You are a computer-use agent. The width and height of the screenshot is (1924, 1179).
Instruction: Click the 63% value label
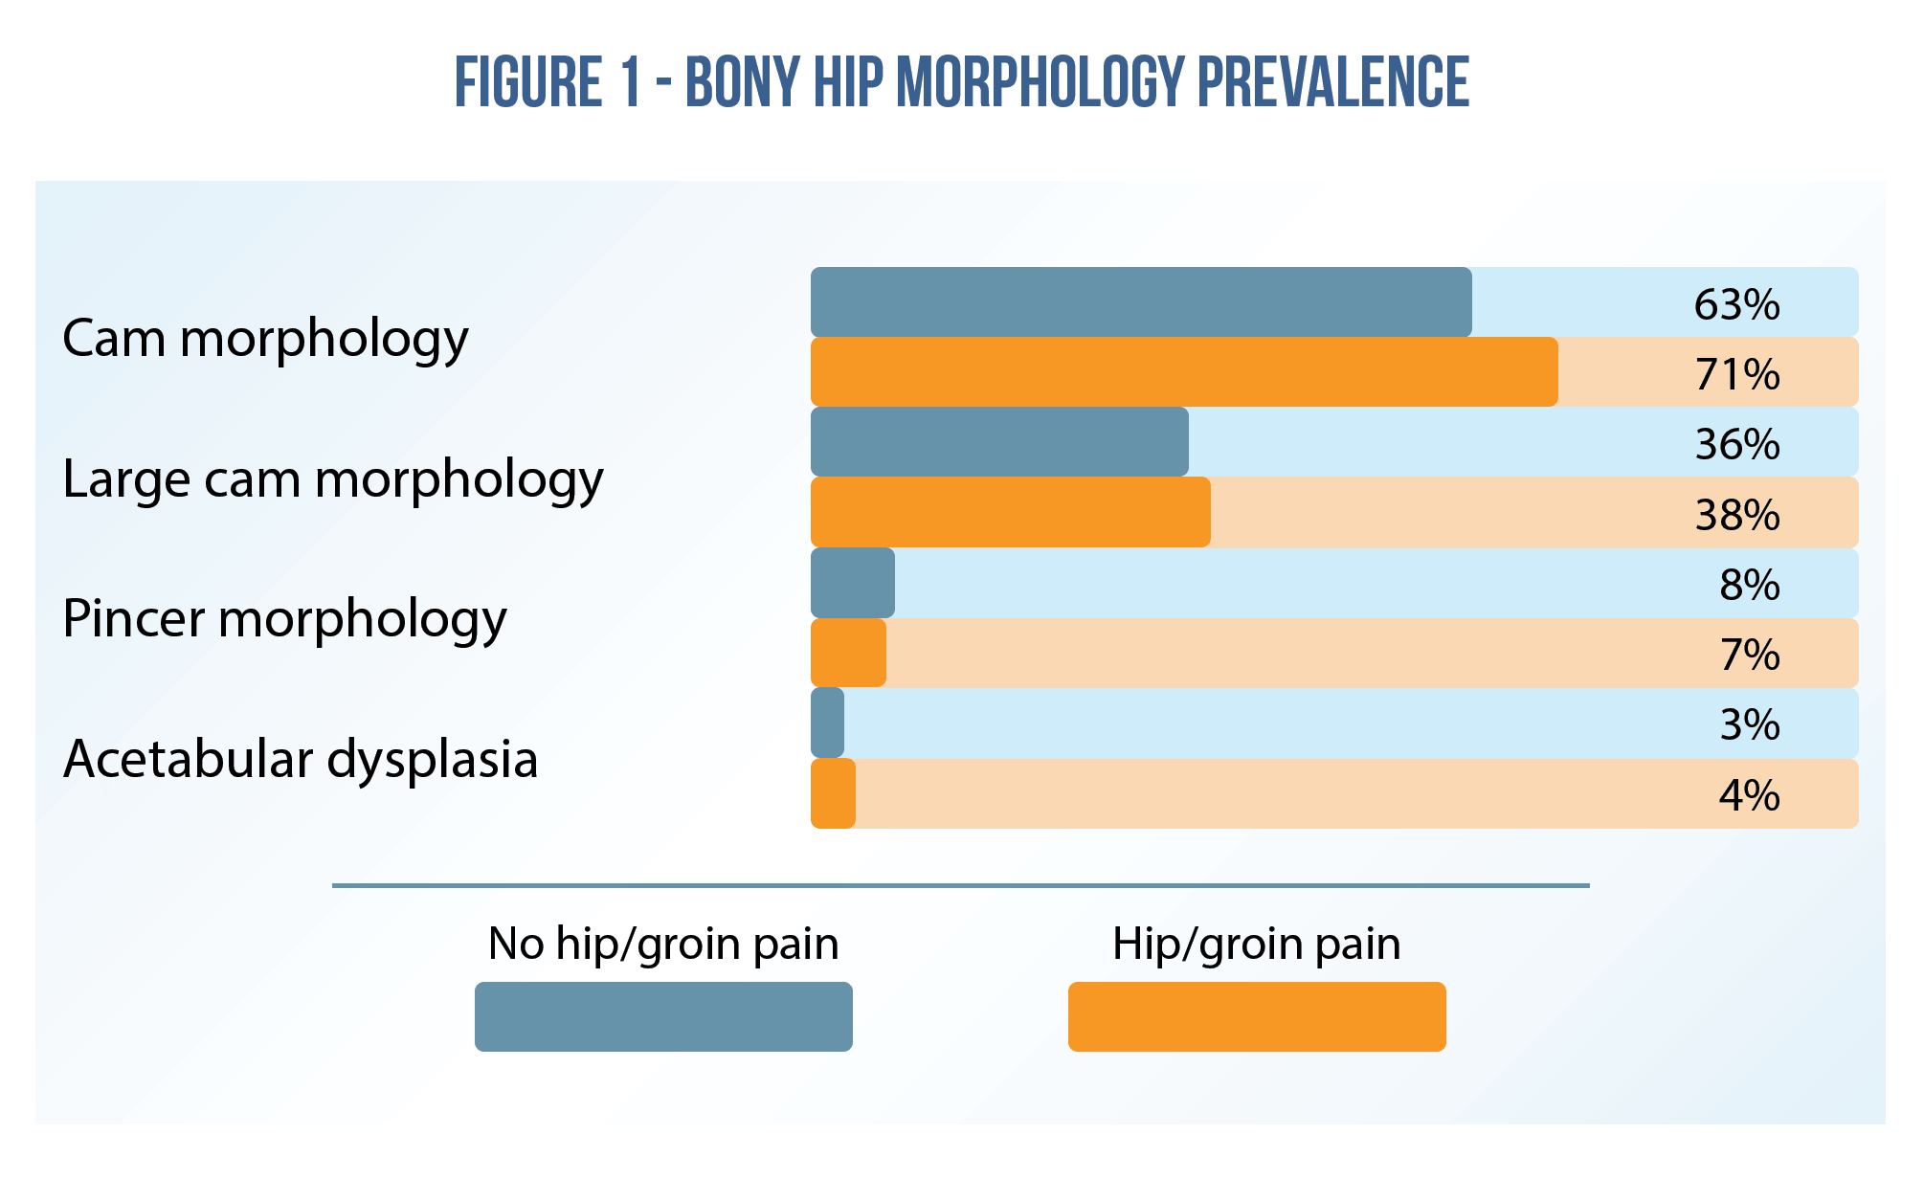(x=1736, y=304)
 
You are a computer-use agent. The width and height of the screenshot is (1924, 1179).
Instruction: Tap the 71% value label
(x=1736, y=374)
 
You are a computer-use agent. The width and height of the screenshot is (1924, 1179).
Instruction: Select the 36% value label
(x=1736, y=444)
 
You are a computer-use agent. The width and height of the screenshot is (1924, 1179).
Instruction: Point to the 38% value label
(x=1736, y=515)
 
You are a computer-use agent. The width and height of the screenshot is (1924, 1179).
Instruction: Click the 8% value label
(x=1749, y=585)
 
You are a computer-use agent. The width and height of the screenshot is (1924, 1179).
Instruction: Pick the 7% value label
(x=1749, y=655)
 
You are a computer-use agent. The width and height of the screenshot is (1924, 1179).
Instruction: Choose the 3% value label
(x=1749, y=724)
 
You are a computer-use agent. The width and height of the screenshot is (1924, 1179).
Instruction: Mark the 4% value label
(x=1749, y=795)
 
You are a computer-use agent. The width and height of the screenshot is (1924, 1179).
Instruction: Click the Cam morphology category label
(x=265, y=339)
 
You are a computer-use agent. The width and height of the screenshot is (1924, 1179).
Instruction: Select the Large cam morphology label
(x=332, y=478)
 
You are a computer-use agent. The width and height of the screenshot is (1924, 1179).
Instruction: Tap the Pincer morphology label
(x=284, y=618)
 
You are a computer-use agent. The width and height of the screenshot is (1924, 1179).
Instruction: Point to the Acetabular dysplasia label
(x=300, y=759)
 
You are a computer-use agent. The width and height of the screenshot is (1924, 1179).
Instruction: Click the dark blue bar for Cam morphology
(x=1140, y=302)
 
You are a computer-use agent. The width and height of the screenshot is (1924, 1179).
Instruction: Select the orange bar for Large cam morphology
(x=1010, y=512)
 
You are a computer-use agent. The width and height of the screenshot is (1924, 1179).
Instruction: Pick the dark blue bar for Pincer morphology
(x=852, y=583)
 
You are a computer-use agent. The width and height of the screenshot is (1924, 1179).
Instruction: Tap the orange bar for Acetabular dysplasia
(x=833, y=793)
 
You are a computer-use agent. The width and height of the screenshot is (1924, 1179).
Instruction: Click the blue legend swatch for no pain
(x=663, y=1016)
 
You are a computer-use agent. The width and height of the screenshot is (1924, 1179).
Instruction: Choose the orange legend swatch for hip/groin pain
(x=1256, y=1016)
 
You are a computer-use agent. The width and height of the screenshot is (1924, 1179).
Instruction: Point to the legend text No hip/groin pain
(x=662, y=944)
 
